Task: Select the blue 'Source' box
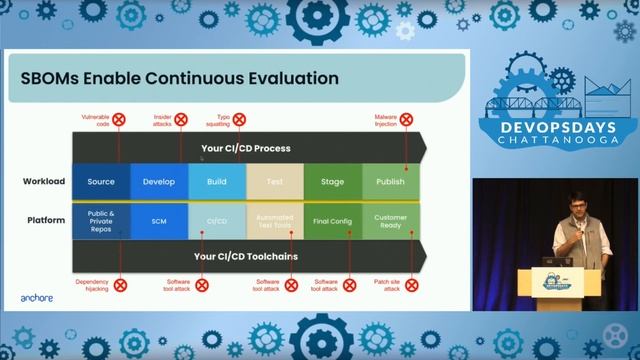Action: click(101, 182)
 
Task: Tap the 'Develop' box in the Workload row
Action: click(159, 182)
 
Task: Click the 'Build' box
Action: click(217, 182)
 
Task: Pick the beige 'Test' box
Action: click(274, 182)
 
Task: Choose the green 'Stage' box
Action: click(332, 182)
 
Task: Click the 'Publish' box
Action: click(390, 182)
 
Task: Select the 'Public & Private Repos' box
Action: click(101, 219)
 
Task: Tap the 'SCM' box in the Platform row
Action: click(159, 220)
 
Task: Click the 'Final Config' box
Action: click(332, 220)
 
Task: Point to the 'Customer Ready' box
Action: click(390, 220)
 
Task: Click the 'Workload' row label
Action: click(44, 182)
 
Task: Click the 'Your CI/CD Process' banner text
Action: click(246, 148)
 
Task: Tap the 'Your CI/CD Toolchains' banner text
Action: click(246, 256)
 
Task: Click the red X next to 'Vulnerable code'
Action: click(119, 119)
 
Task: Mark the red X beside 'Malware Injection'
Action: click(406, 119)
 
